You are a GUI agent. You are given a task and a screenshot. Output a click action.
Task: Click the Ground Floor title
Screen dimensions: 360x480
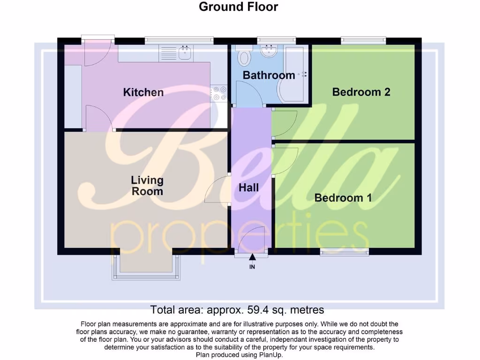click(x=238, y=7)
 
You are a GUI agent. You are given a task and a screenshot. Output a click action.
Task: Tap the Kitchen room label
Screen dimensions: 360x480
click(x=143, y=92)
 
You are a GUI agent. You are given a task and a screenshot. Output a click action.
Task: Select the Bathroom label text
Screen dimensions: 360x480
click(x=269, y=75)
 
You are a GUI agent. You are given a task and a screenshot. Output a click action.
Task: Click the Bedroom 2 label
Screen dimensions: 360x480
click(x=361, y=92)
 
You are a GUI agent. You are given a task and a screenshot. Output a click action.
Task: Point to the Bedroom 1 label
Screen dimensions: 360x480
click(x=343, y=198)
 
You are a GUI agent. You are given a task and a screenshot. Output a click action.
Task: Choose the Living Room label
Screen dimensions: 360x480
click(x=147, y=186)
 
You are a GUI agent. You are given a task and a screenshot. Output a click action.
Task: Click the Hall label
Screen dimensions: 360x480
click(x=248, y=187)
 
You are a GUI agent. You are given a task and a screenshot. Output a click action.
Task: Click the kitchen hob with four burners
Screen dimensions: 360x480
click(x=218, y=93)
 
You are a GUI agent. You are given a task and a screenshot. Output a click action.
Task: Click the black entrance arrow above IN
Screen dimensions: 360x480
click(x=252, y=257)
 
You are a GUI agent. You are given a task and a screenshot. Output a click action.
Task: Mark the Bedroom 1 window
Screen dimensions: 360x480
click(x=344, y=252)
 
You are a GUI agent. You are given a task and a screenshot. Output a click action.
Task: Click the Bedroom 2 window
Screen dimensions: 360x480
click(x=363, y=41)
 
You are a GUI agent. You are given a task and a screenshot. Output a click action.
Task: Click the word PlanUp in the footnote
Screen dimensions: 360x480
click(x=270, y=355)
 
